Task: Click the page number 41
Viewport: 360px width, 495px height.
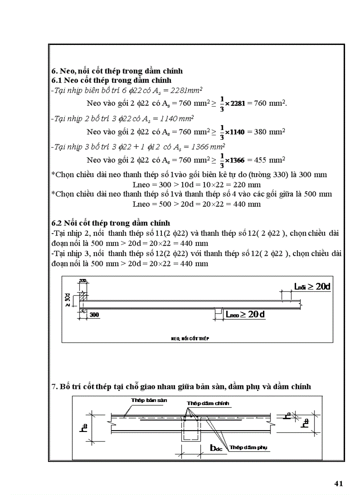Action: tap(339, 484)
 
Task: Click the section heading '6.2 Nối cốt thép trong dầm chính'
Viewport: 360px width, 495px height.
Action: tap(111, 223)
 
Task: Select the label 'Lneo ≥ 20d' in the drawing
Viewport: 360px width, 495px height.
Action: tap(245, 314)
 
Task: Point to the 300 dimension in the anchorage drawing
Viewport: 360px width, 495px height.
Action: tap(94, 315)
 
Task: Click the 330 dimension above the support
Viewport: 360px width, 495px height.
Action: tap(83, 280)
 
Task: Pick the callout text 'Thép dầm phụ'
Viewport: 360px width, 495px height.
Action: tap(248, 447)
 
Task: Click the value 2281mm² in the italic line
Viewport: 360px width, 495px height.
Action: tap(185, 90)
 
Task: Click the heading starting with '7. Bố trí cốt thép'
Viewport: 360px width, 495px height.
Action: tap(181, 387)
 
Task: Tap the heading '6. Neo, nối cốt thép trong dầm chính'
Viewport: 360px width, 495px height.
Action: tap(117, 71)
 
